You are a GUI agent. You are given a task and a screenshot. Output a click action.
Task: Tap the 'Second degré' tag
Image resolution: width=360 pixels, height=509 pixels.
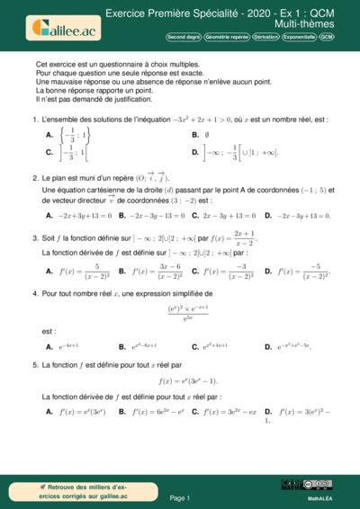pos(184,38)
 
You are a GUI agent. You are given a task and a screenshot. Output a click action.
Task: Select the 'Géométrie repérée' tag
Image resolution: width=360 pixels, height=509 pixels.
pos(226,38)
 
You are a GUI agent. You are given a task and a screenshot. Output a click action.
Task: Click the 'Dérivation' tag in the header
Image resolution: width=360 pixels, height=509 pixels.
pos(265,38)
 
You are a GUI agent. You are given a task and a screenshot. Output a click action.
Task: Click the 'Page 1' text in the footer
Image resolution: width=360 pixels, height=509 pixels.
pos(179,497)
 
